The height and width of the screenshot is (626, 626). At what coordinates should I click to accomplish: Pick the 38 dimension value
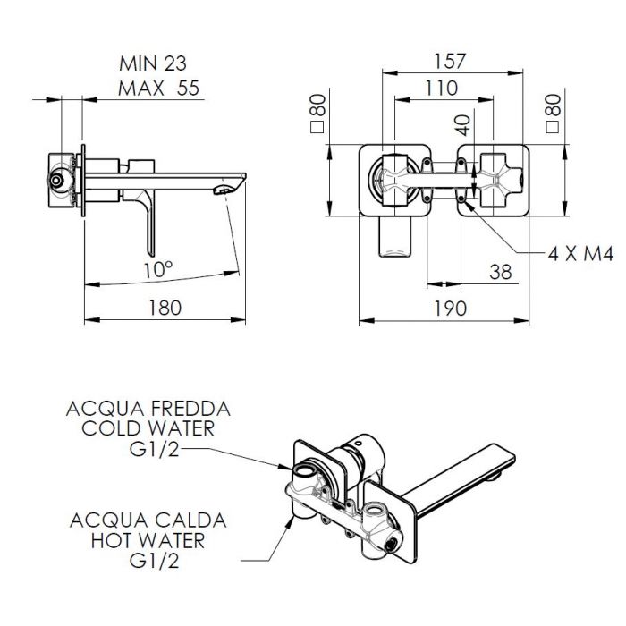tap(502, 272)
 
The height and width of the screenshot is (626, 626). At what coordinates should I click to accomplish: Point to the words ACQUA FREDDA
tap(148, 409)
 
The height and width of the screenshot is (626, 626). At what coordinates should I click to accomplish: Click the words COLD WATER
tap(148, 428)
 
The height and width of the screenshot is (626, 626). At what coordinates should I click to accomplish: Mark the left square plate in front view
tap(391, 181)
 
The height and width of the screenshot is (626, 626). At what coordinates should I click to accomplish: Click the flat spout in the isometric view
tap(465, 472)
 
